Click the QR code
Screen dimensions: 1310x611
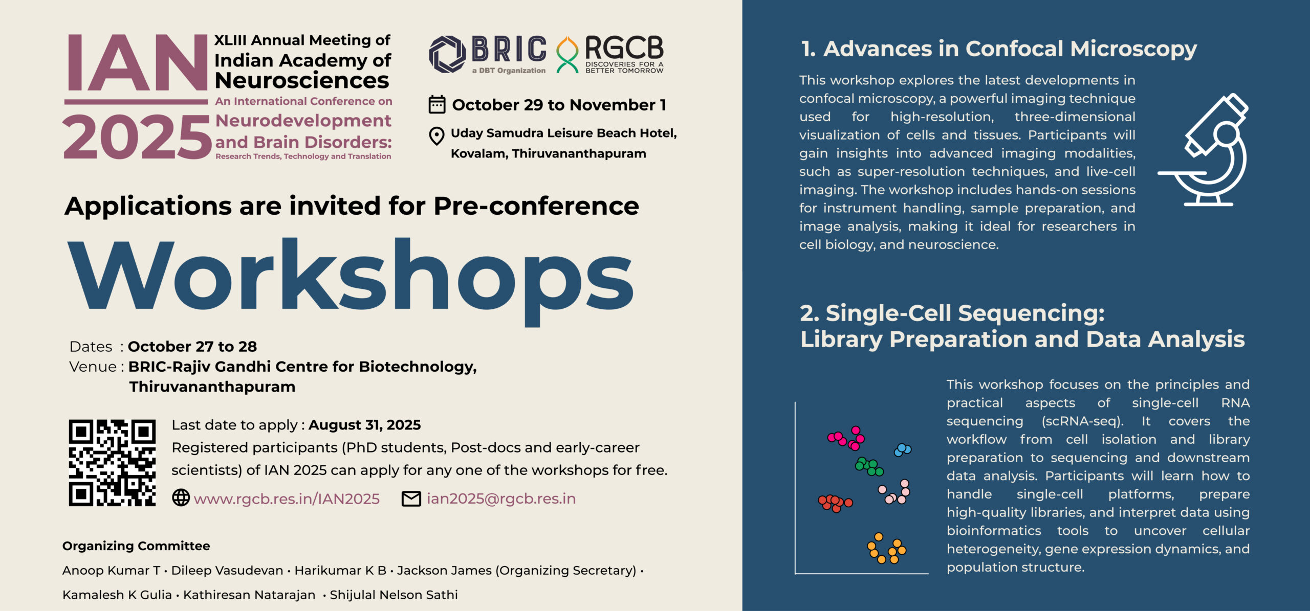pyautogui.click(x=112, y=463)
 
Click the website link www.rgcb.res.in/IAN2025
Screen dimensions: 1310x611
pyautogui.click(x=287, y=499)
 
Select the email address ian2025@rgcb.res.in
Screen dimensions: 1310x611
pyautogui.click(x=501, y=499)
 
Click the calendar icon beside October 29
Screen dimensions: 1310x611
pyautogui.click(x=436, y=104)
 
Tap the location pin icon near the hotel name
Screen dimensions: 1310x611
pyautogui.click(x=436, y=136)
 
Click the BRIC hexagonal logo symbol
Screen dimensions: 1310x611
pyautogui.click(x=447, y=54)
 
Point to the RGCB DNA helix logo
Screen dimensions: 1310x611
pyautogui.click(x=567, y=54)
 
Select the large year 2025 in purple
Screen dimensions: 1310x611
pyautogui.click(x=137, y=136)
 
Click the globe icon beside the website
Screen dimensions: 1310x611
pyautogui.click(x=181, y=497)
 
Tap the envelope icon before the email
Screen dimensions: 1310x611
pyautogui.click(x=411, y=499)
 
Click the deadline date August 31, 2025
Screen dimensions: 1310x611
pyautogui.click(x=364, y=425)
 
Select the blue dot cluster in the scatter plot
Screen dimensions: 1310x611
pyautogui.click(x=902, y=450)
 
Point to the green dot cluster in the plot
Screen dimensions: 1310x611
pyautogui.click(x=869, y=466)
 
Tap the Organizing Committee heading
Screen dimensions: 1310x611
pyautogui.click(x=136, y=546)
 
